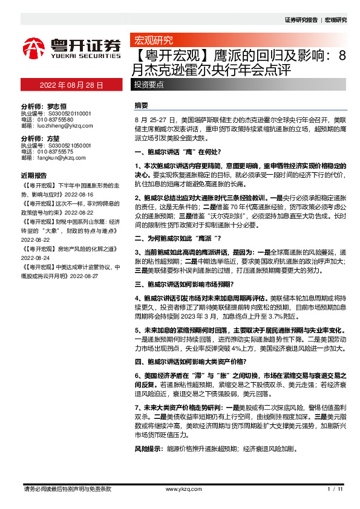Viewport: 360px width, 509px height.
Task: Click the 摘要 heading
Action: [x=141, y=105]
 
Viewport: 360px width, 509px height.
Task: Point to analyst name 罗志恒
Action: [x=57, y=105]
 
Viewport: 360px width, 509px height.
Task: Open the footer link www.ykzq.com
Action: [x=180, y=488]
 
